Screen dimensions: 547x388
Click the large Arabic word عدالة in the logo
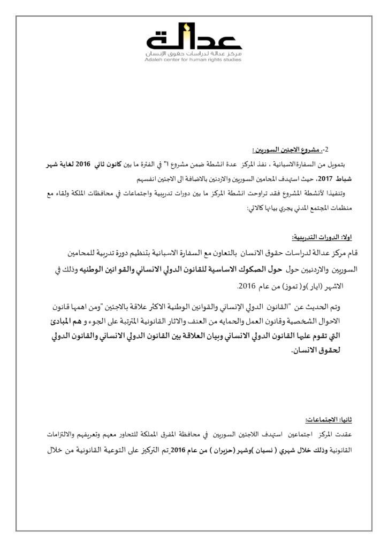coord(194,40)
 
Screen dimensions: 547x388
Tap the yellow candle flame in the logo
coord(186,26)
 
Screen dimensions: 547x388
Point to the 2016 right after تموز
coord(247,286)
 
